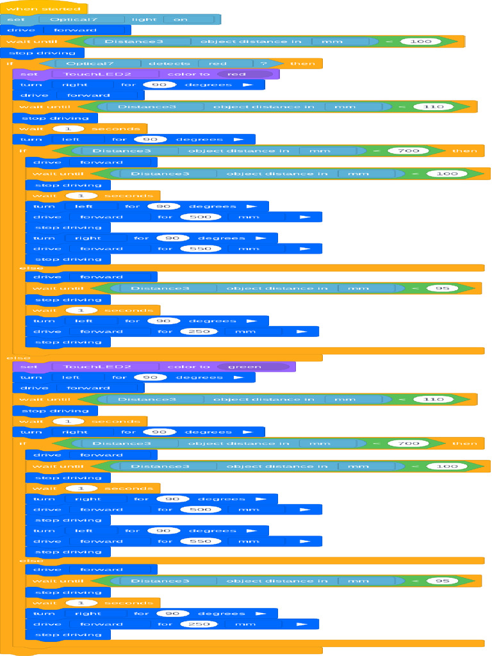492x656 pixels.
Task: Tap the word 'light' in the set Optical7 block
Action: click(144, 19)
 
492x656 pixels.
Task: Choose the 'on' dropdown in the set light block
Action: click(181, 19)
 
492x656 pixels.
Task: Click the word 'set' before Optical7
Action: click(15, 19)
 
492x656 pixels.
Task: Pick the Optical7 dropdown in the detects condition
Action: click(90, 63)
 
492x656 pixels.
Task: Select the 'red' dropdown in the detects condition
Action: click(217, 63)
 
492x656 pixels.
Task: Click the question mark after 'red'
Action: click(263, 63)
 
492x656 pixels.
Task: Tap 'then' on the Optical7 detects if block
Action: click(302, 63)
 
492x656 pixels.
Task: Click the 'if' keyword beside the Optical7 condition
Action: click(10, 63)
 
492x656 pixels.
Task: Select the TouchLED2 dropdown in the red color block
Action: click(98, 74)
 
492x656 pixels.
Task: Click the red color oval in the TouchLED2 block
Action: click(244, 74)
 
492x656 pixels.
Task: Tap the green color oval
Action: click(253, 366)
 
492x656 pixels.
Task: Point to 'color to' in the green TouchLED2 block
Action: click(188, 366)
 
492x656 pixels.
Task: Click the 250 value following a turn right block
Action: click(199, 624)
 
